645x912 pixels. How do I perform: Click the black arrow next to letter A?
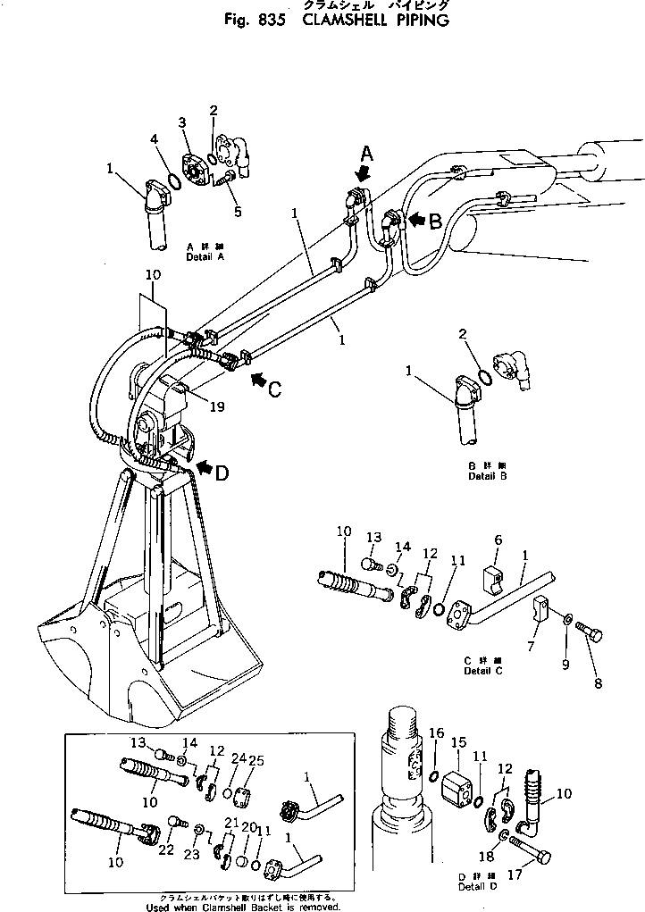click(363, 172)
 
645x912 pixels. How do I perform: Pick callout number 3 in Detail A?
click(181, 121)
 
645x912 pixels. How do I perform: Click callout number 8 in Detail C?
click(598, 683)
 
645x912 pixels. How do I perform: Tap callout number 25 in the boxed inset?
click(256, 760)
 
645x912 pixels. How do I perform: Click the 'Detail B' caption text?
click(487, 476)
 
